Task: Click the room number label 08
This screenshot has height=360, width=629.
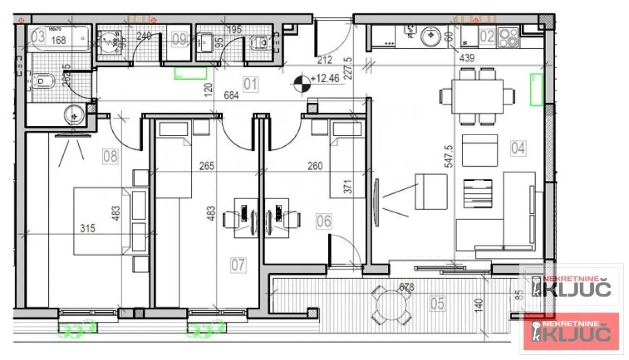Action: (111, 156)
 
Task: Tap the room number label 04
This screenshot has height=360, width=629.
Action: (518, 148)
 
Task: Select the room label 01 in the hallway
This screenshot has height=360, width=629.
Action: (250, 84)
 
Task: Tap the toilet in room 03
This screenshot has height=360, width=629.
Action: (44, 81)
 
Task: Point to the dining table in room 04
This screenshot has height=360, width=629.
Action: (478, 96)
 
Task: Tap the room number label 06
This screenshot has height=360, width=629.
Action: (323, 221)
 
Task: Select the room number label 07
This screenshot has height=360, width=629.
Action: (238, 265)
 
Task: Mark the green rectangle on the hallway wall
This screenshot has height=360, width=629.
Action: (190, 73)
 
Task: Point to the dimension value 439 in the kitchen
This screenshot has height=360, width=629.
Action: (466, 58)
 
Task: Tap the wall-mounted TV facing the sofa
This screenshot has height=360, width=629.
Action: (376, 203)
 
